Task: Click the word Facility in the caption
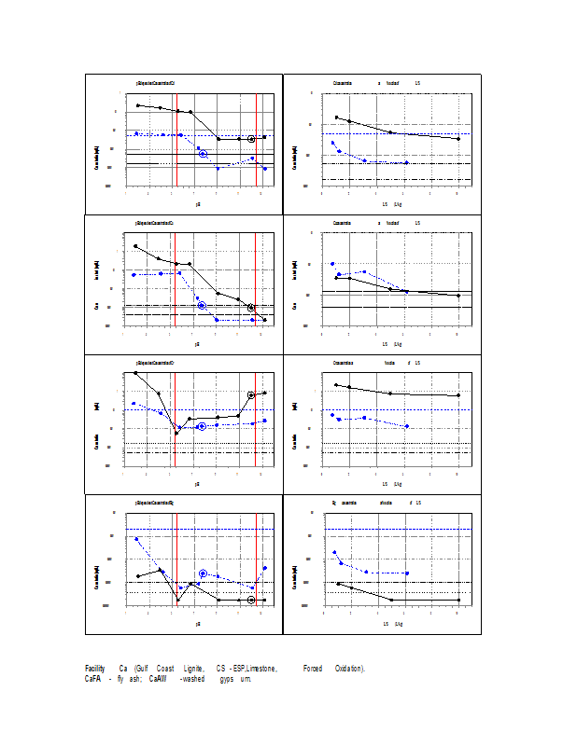[94, 669]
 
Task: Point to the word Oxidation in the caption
[350, 669]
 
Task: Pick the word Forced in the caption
[312, 669]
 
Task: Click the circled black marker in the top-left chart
[252, 139]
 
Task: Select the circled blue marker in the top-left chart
[203, 153]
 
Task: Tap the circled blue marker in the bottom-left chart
[203, 573]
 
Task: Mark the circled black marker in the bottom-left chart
[252, 600]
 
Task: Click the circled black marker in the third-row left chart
[252, 395]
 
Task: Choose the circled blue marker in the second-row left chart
[202, 306]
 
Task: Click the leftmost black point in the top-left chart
[138, 105]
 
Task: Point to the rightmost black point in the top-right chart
[457, 139]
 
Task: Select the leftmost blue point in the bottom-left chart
[138, 539]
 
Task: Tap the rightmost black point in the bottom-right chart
[457, 600]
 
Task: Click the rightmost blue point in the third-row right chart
[406, 426]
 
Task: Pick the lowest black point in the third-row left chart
[177, 433]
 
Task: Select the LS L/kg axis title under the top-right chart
[391, 203]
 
